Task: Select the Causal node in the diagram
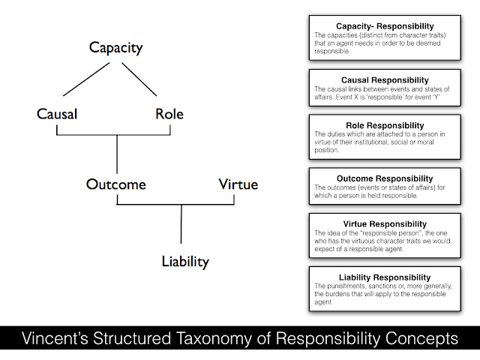57,115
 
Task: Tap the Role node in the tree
169,115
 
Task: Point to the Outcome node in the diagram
115,184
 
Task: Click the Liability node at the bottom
184,261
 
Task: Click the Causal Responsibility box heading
385,79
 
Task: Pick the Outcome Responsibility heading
385,178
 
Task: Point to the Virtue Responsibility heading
385,223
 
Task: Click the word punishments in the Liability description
346,287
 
